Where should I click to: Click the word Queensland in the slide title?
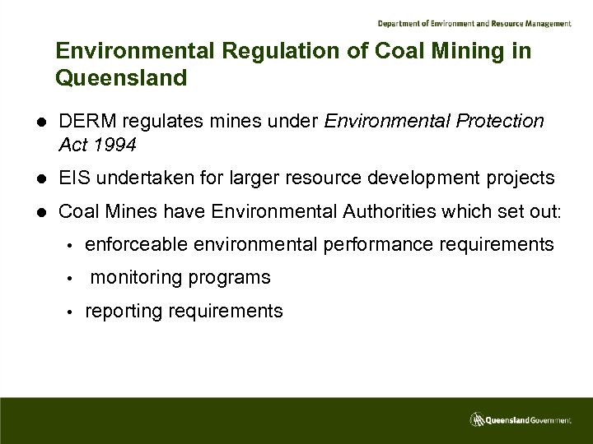[121, 78]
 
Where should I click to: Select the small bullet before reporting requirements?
[72, 312]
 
